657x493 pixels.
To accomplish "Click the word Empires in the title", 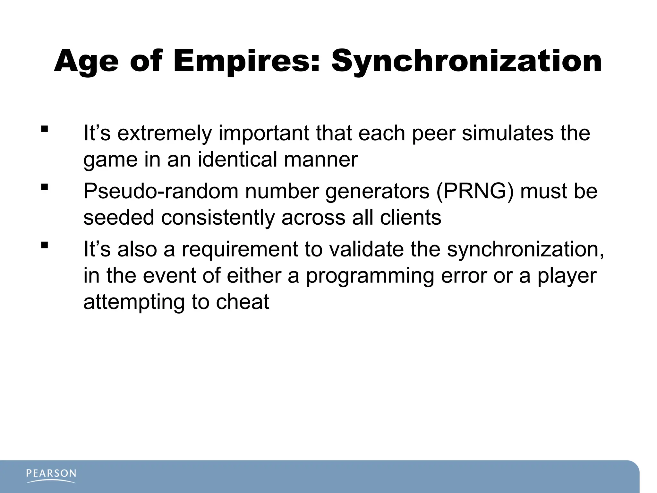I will pos(246,61).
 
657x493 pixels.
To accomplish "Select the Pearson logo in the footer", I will pos(51,475).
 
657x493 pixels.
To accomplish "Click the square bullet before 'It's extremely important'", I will pos(45,129).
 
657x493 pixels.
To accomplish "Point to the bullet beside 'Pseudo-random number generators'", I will pos(45,187).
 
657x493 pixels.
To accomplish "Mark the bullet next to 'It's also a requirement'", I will pos(45,246).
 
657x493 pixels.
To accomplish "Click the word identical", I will pos(237,159).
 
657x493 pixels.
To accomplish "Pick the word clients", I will pos(410,218).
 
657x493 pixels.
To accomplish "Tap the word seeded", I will pos(119,218).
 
